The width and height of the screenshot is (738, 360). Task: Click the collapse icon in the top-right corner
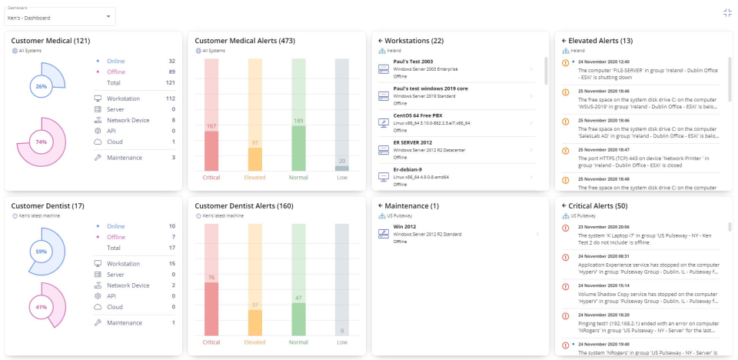tap(727, 12)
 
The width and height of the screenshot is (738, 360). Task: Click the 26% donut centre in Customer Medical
tap(41, 86)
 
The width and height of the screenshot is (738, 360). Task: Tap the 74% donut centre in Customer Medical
tap(41, 142)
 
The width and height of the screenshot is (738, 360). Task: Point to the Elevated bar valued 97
tap(255, 158)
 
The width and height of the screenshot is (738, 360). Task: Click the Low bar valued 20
tap(342, 168)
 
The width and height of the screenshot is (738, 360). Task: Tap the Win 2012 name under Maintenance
tap(404, 227)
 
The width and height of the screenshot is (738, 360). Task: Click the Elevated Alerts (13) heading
tap(601, 40)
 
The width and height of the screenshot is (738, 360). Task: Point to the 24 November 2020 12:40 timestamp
tap(603, 62)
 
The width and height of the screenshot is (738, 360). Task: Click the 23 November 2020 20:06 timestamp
tap(603, 227)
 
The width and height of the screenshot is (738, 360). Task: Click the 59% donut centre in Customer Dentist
tap(41, 252)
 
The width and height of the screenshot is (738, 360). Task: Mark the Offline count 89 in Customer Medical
tap(172, 72)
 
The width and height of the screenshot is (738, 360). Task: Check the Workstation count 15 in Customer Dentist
tap(172, 264)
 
